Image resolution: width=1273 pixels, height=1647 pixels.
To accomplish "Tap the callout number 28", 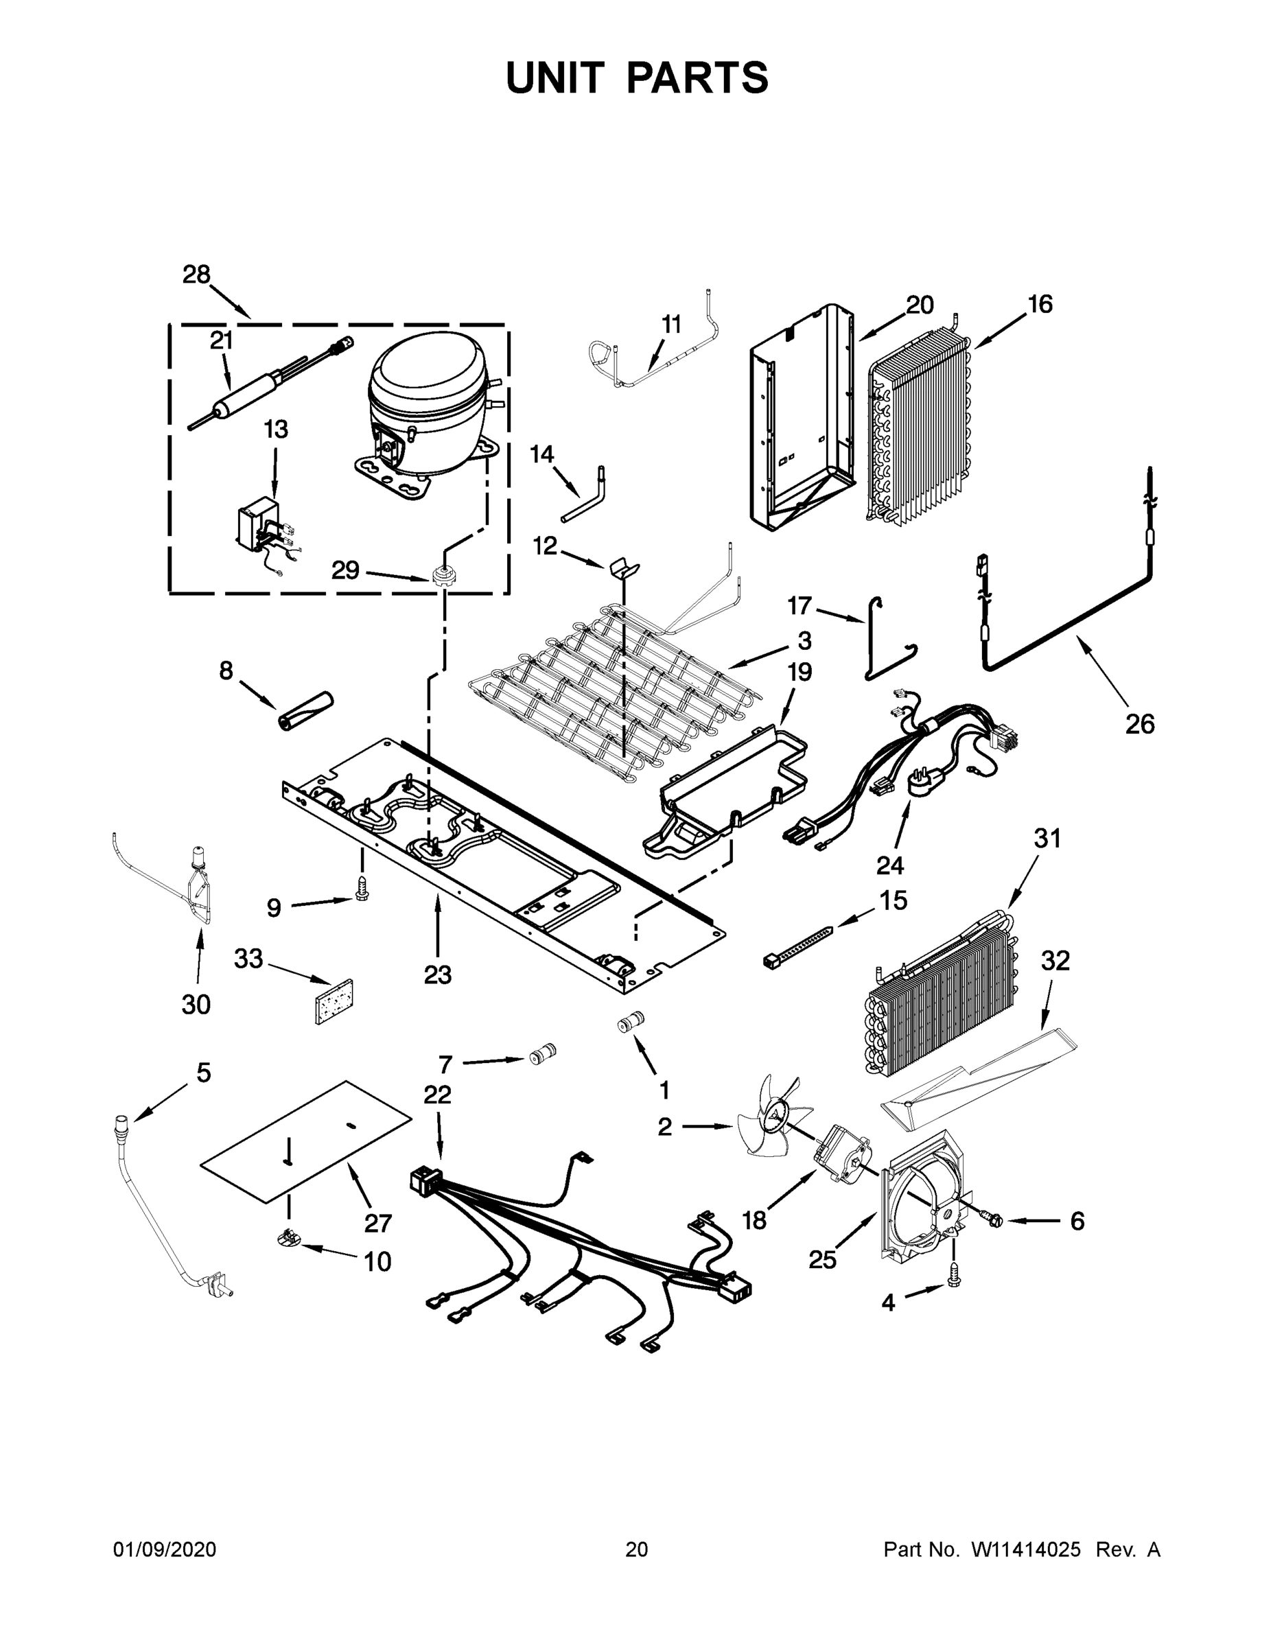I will coord(196,274).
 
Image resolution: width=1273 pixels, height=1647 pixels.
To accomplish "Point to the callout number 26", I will coord(1139,724).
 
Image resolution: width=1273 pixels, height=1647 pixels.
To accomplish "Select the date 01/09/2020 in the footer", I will coord(165,1550).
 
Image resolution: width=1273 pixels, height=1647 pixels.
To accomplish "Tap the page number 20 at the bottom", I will coord(635,1550).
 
